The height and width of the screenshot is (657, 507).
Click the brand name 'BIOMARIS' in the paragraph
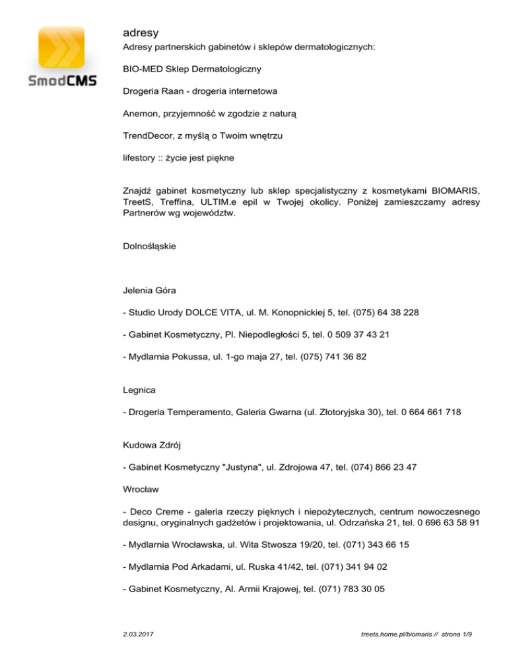(x=452, y=192)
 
